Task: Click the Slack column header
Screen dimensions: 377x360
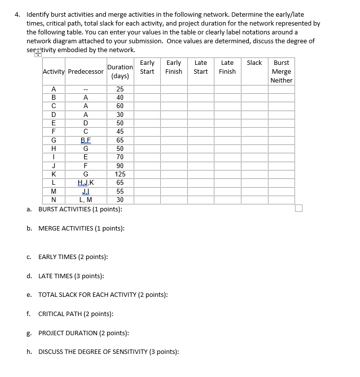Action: [x=254, y=63]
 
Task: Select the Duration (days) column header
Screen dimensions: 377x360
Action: [x=120, y=71]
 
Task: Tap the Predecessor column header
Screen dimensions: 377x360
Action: [x=86, y=72]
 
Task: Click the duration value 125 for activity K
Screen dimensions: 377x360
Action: [x=120, y=174]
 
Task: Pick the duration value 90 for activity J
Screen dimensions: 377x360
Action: [x=120, y=166]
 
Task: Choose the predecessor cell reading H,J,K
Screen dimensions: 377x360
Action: [x=86, y=182]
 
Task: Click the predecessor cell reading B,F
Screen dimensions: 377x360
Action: [x=86, y=140]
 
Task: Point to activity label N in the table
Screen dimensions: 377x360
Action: [x=54, y=200]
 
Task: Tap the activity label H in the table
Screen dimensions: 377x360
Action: [x=54, y=148]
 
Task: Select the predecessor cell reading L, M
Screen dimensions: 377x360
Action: [x=86, y=200]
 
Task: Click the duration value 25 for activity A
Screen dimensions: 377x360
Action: [x=120, y=89]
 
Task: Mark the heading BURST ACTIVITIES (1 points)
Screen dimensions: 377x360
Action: [x=80, y=209]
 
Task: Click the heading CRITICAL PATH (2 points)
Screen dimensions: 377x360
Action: [x=76, y=314]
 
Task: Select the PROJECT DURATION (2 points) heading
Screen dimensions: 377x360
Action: [x=84, y=333]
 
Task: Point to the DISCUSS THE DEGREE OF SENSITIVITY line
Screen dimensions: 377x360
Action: [x=108, y=351]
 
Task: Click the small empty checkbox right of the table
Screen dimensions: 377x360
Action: [x=299, y=208]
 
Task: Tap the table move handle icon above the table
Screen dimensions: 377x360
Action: [x=38, y=55]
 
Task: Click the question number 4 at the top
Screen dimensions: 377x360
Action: [x=17, y=15]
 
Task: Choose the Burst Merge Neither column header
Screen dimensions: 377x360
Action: [x=281, y=71]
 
